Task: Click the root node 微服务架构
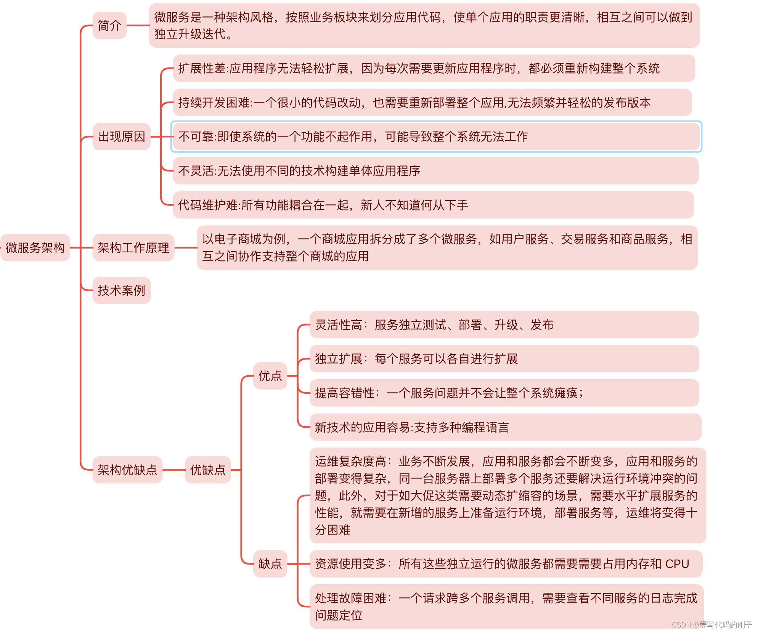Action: [x=35, y=248]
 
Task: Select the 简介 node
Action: [x=109, y=26]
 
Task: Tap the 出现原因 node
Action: [x=121, y=136]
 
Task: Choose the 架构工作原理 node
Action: [x=133, y=248]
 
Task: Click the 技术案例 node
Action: [x=121, y=290]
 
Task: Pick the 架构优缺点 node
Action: [x=127, y=470]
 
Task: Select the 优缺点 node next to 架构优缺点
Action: [x=208, y=470]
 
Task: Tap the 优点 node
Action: [x=270, y=376]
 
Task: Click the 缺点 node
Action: [x=270, y=563]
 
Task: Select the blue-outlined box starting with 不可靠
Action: [x=436, y=136]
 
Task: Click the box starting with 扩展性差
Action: [x=434, y=68]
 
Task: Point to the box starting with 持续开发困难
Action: [x=432, y=103]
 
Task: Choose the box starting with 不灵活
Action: [x=435, y=171]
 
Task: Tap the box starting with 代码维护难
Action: [x=433, y=205]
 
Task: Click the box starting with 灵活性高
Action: [x=504, y=325]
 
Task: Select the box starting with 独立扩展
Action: [x=504, y=359]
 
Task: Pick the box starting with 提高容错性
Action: [x=504, y=393]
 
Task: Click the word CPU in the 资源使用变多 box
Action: [x=677, y=564]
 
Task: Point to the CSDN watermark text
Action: [x=711, y=625]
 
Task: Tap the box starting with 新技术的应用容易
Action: [x=505, y=427]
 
